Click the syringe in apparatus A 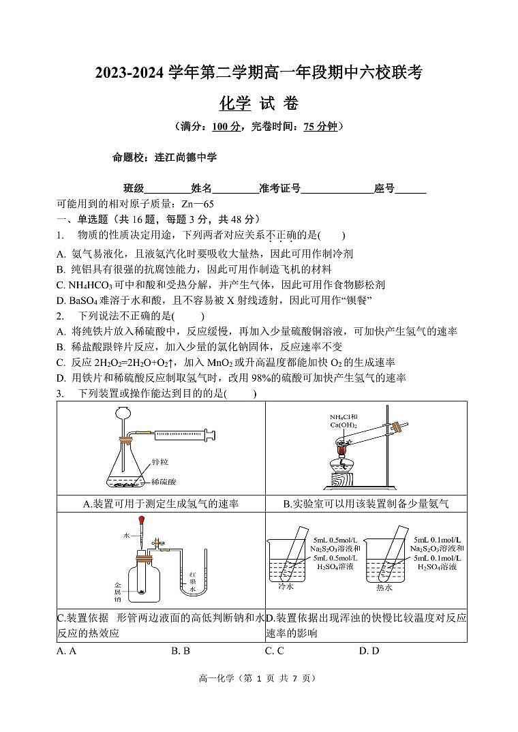(181, 434)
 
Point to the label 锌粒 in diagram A (160, 461)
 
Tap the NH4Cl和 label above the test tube (344, 417)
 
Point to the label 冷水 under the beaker (286, 586)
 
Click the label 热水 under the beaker (384, 587)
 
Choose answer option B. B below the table (180, 651)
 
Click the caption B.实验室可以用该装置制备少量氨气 (366, 504)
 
